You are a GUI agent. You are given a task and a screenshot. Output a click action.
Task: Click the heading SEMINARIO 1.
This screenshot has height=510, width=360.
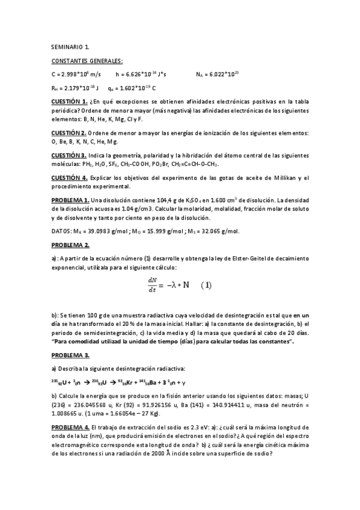[70, 47]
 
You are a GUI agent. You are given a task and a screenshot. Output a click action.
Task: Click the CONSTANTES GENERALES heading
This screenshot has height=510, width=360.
[87, 61]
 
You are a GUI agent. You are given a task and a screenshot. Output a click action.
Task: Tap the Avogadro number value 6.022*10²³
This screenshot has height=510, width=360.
[223, 74]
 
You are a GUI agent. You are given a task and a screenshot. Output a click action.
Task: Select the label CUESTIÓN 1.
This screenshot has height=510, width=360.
[70, 102]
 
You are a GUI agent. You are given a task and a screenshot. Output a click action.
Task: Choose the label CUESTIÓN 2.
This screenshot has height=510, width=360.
[69, 133]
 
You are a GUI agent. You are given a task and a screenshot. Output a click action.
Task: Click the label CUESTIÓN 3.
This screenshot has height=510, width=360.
[69, 155]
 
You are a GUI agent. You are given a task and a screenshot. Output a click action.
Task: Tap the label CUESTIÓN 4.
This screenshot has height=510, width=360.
[70, 177]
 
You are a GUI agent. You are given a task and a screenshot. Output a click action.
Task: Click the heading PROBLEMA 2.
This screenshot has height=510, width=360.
[71, 245]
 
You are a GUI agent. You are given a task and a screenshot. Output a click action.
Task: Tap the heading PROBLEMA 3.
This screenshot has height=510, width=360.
[71, 355]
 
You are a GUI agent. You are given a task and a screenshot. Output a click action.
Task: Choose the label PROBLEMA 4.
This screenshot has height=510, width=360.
[71, 426]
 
